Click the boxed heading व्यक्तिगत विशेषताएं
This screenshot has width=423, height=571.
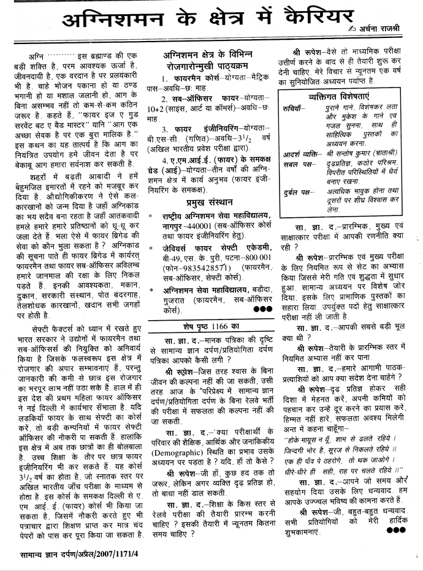pyautogui.click(x=338, y=97)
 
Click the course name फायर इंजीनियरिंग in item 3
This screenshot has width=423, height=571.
pyautogui.click(x=199, y=130)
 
